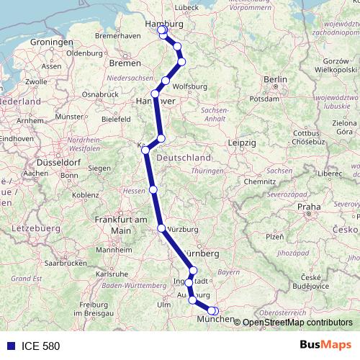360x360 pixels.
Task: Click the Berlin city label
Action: [x=275, y=79]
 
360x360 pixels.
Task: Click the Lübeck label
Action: [x=186, y=8]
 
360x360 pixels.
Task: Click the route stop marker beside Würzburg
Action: [x=161, y=228]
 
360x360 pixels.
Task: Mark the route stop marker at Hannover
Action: [x=155, y=94]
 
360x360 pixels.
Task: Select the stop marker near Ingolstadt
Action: [x=189, y=283]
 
